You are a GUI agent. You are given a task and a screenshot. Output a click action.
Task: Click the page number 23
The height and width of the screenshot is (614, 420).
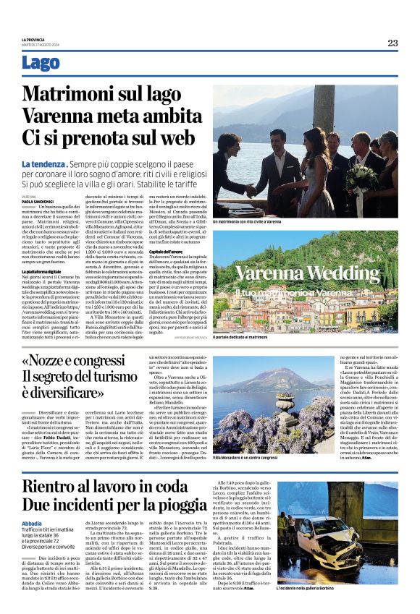(x=392, y=43)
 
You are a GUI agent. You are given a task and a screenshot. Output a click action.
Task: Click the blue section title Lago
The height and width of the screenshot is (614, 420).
(x=41, y=64)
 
